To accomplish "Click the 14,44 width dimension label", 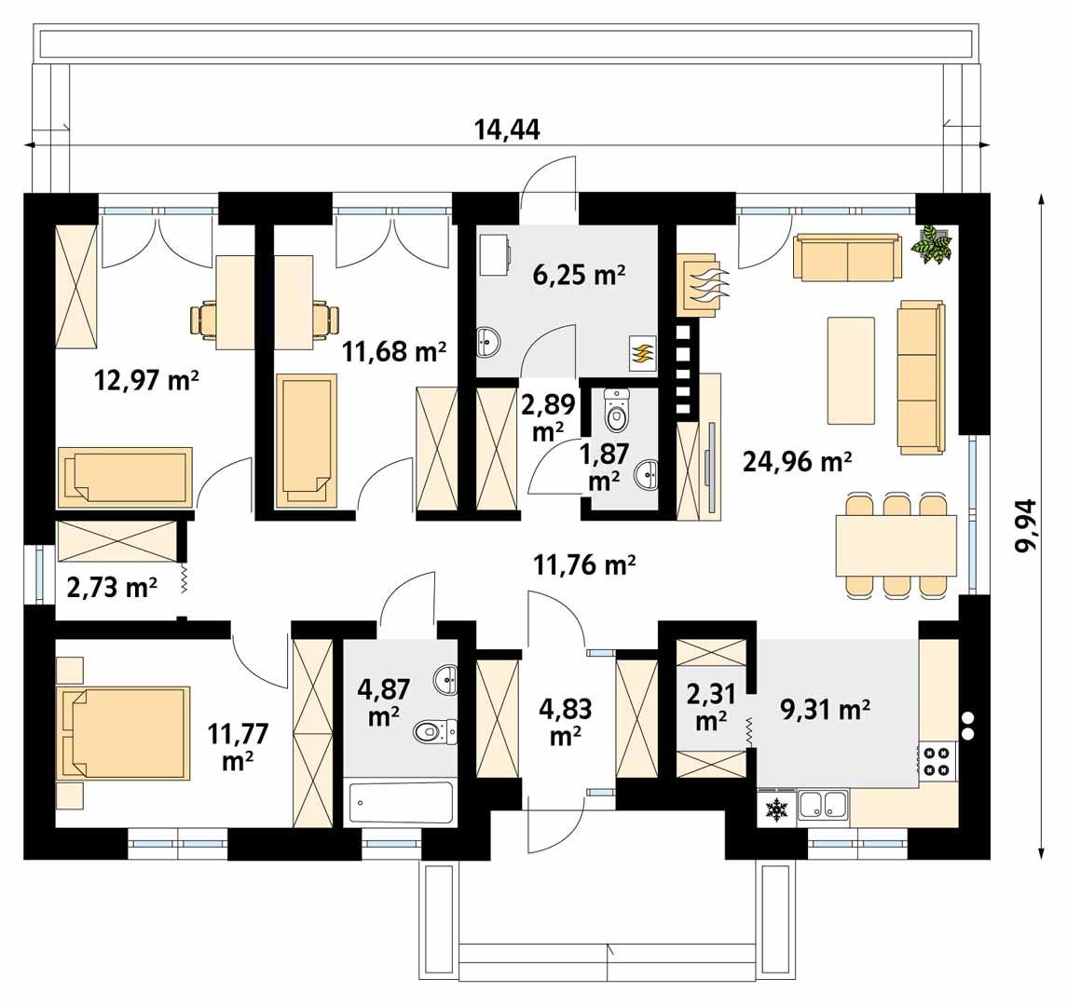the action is tap(507, 129).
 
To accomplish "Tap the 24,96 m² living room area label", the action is tap(797, 463).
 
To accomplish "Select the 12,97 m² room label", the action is tap(146, 380).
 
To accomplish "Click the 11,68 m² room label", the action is tap(394, 352).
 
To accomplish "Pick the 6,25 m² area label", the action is tap(579, 275).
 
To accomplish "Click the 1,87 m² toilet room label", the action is tap(604, 467).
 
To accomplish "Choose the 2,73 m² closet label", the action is tap(112, 586).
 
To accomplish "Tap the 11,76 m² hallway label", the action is tap(585, 564).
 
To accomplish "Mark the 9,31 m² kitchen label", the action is tap(825, 710).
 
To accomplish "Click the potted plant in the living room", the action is tap(933, 243).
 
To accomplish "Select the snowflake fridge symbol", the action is tap(775, 809).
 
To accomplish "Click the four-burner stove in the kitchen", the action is tap(937, 760).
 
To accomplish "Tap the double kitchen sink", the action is tap(823, 805).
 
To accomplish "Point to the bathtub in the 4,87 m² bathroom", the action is tap(401, 803).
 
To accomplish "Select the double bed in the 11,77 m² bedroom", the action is tap(125, 732).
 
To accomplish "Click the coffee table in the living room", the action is tap(851, 370).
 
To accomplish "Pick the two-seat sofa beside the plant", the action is tap(847, 256).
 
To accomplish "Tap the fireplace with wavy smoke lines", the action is tap(701, 284).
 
